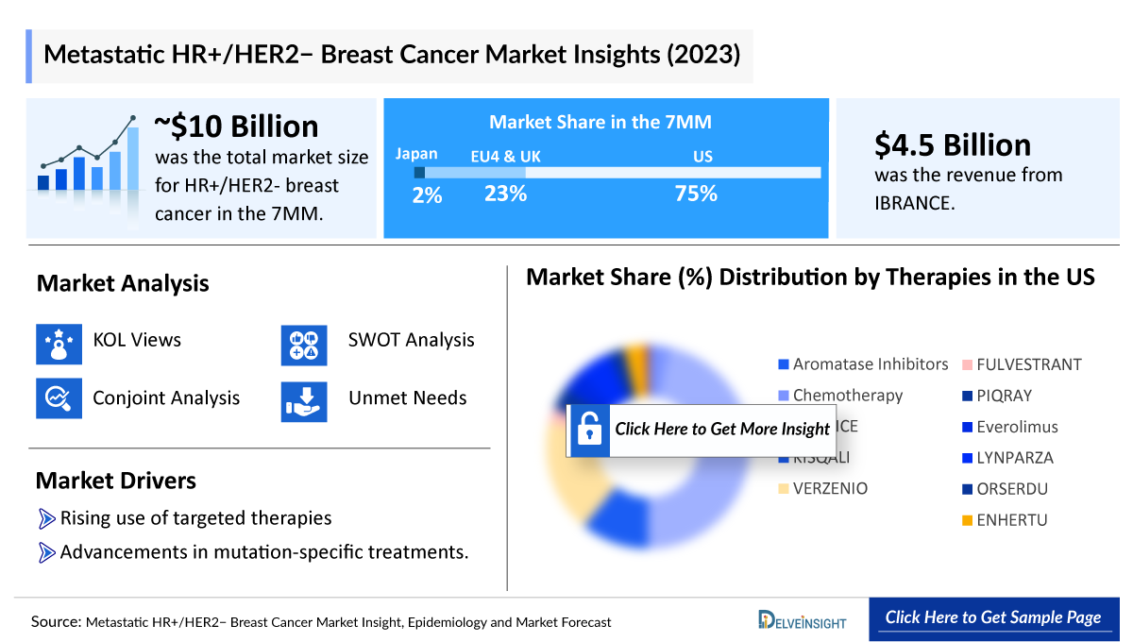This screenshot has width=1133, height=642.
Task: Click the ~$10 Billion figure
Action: coord(236,127)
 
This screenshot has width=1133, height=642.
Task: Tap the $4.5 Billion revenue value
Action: coord(952,144)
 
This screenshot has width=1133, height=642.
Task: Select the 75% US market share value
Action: coord(695,194)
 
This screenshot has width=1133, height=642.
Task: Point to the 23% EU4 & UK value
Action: coord(505,194)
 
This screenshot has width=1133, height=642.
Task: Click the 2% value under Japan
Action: coord(427,195)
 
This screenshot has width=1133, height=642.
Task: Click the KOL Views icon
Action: coord(59,344)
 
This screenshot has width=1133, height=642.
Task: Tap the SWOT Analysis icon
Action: coord(304,344)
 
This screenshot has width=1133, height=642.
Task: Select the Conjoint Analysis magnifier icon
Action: coord(59,398)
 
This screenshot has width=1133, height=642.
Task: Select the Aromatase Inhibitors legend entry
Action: coord(862,364)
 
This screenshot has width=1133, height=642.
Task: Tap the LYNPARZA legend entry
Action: coord(1007,458)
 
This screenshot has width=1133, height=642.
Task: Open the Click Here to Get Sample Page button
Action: coord(992,617)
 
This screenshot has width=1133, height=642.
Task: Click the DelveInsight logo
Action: coord(802,620)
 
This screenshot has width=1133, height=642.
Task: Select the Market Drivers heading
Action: coord(116,481)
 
